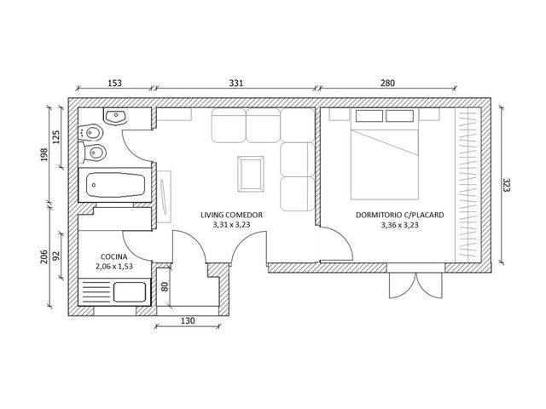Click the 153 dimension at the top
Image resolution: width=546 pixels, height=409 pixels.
coord(114,84)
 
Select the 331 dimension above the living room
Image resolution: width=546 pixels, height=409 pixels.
coord(235,84)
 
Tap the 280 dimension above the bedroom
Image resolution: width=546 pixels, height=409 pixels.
coord(387,84)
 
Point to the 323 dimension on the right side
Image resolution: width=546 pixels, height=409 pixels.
coord(506,186)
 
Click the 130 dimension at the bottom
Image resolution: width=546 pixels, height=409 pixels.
coord(188,320)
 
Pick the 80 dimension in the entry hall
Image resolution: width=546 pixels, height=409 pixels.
coord(165,286)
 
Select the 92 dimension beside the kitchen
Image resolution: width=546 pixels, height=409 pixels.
coord(56,256)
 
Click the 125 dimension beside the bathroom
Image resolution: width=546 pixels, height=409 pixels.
coord(56,137)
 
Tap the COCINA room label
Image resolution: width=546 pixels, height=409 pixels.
coord(113,257)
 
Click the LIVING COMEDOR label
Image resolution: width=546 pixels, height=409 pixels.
coord(231,215)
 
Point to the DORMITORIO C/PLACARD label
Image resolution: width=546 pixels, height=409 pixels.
coord(400,215)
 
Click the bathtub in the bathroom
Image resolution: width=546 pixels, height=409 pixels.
coord(115,185)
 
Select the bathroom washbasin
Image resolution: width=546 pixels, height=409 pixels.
coord(115,117)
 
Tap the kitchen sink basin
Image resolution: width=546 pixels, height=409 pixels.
coord(130,292)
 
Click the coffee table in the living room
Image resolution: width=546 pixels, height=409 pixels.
coord(251,174)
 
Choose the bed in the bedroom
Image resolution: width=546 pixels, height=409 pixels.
coord(385,155)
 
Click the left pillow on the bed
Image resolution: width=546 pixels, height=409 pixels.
coord(369,116)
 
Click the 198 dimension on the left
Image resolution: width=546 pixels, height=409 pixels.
coord(44,155)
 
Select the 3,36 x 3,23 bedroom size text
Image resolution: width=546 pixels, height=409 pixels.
coord(400,225)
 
